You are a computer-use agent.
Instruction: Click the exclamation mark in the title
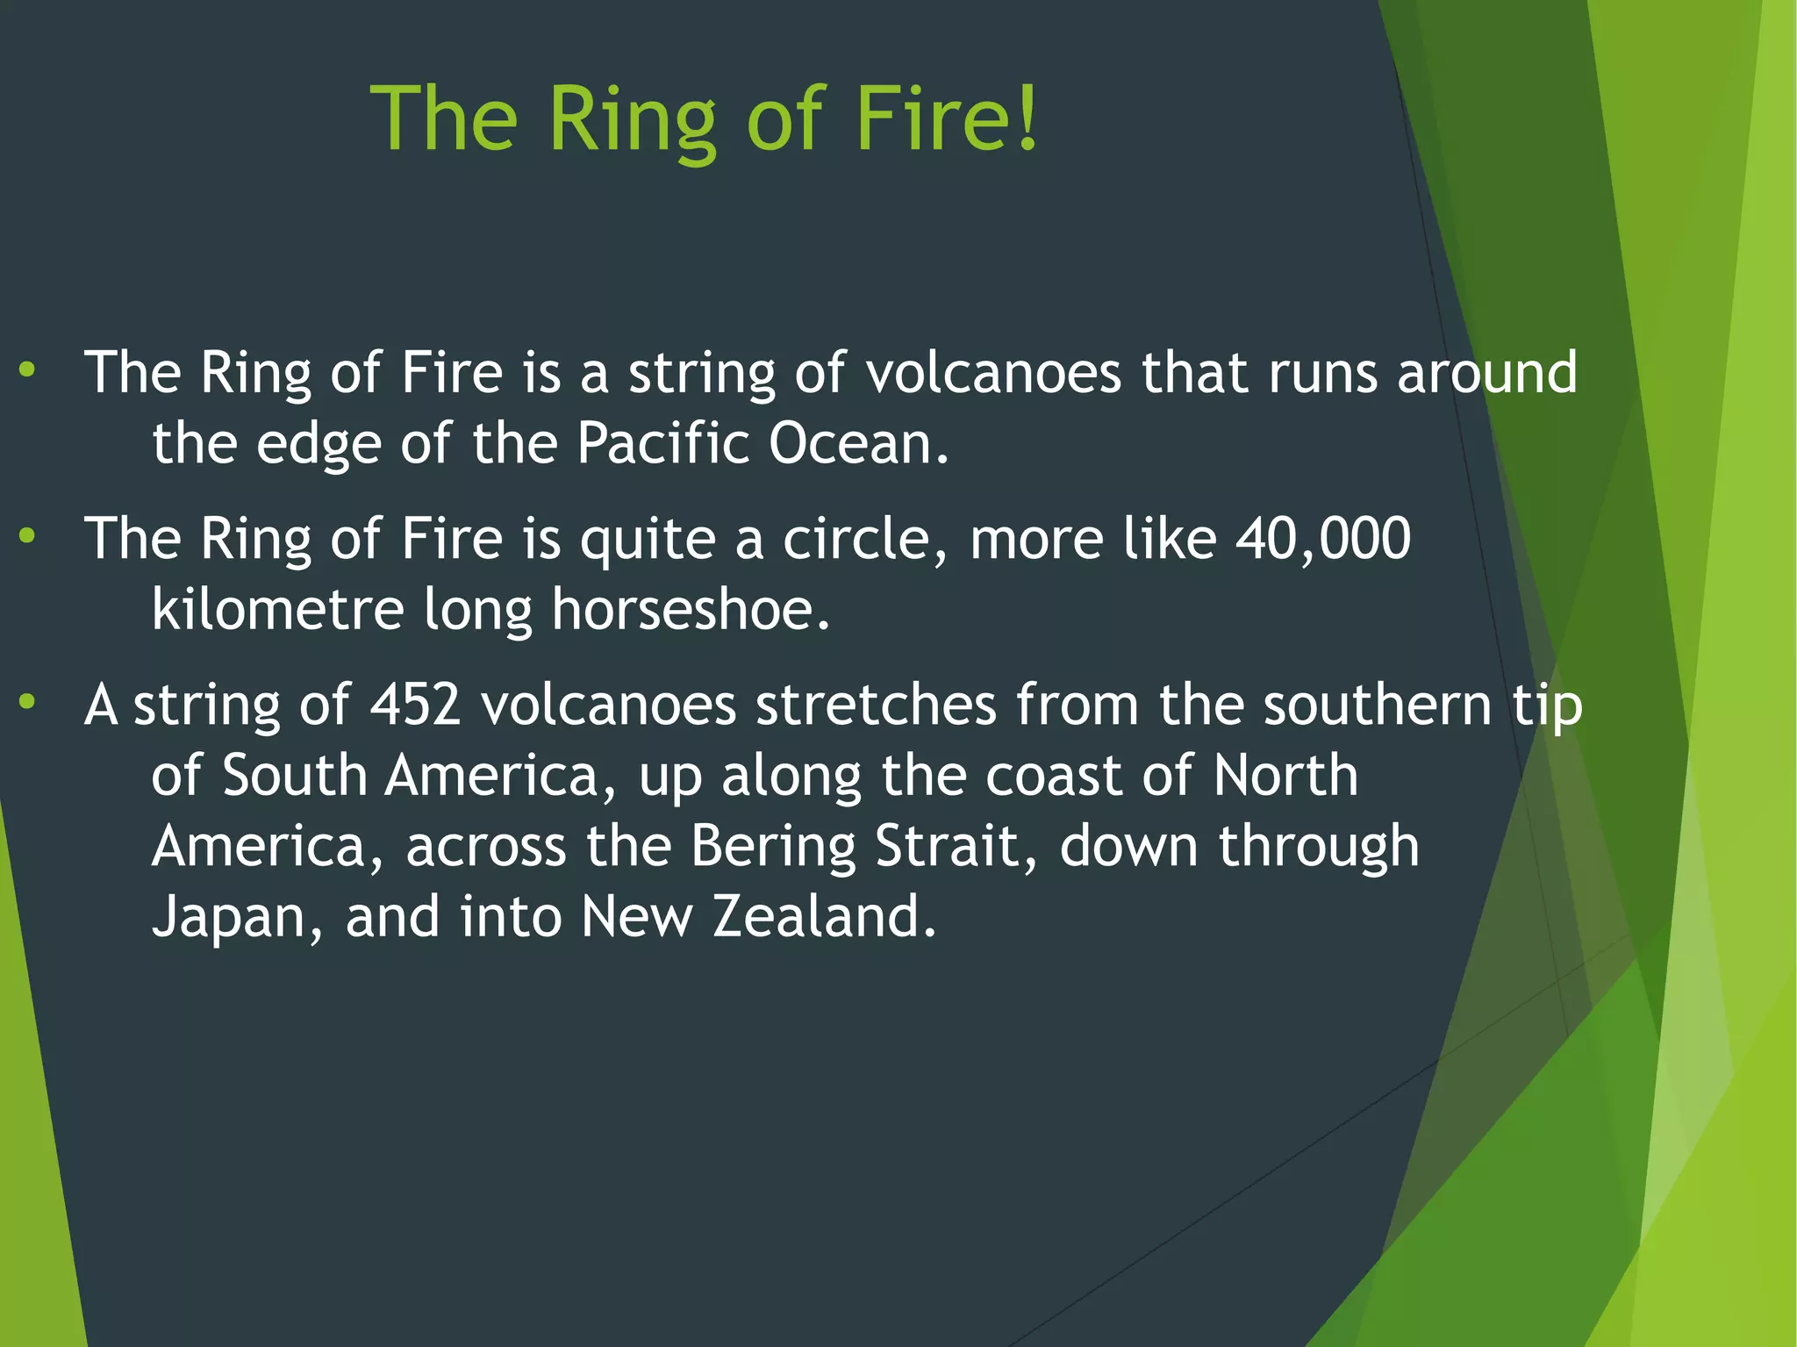(x=1028, y=118)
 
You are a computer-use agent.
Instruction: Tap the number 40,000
(x=1323, y=538)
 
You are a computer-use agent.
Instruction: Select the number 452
(x=415, y=705)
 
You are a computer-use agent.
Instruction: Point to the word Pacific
(x=662, y=442)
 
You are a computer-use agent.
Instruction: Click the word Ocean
(x=858, y=442)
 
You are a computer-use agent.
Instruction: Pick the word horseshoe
(x=690, y=609)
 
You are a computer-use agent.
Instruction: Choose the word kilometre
(x=277, y=609)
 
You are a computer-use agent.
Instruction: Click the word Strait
(x=956, y=846)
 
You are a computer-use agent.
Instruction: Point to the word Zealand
(x=824, y=916)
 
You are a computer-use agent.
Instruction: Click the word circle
(x=864, y=538)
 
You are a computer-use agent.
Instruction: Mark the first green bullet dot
(x=27, y=370)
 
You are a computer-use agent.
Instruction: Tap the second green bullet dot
(x=27, y=535)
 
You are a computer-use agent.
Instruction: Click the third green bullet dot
(x=27, y=701)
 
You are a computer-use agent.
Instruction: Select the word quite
(x=648, y=540)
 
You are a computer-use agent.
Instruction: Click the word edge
(x=319, y=444)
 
